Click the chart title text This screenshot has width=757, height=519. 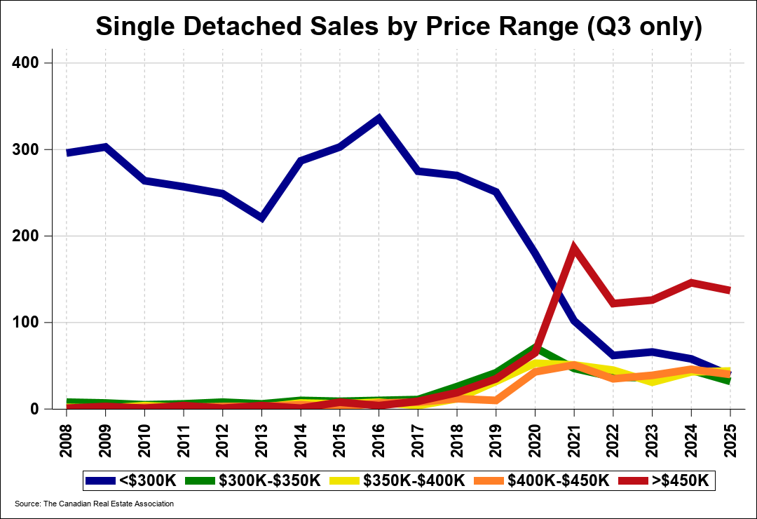(x=398, y=27)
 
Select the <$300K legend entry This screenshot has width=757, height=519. (x=132, y=480)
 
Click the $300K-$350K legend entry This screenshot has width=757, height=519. (x=254, y=480)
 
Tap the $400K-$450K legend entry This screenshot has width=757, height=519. (x=540, y=480)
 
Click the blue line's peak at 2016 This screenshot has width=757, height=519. (x=379, y=118)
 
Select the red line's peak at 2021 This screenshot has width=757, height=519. (x=574, y=247)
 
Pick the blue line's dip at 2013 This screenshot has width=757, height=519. (x=262, y=218)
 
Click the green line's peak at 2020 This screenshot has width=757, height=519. (x=535, y=346)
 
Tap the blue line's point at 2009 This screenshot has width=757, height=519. (x=106, y=147)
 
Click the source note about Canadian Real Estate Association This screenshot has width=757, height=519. (x=94, y=504)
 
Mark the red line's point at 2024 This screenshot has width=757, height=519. (x=691, y=283)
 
